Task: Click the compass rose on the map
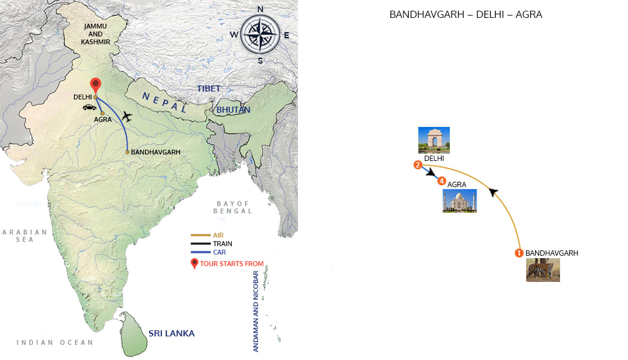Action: tap(260, 34)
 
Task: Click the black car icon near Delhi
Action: tap(90, 108)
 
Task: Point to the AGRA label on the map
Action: tap(102, 120)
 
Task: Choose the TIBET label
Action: tap(209, 89)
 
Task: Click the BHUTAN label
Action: tap(234, 110)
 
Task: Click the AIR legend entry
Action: tap(218, 235)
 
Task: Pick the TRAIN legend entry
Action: tap(222, 244)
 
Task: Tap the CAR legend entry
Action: tap(219, 252)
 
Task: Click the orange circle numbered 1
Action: tap(519, 253)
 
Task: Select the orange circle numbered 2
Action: tap(418, 165)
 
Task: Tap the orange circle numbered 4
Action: tap(442, 181)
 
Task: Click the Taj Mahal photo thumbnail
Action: tap(459, 201)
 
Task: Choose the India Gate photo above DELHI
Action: tap(434, 140)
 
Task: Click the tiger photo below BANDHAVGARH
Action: tap(543, 269)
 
